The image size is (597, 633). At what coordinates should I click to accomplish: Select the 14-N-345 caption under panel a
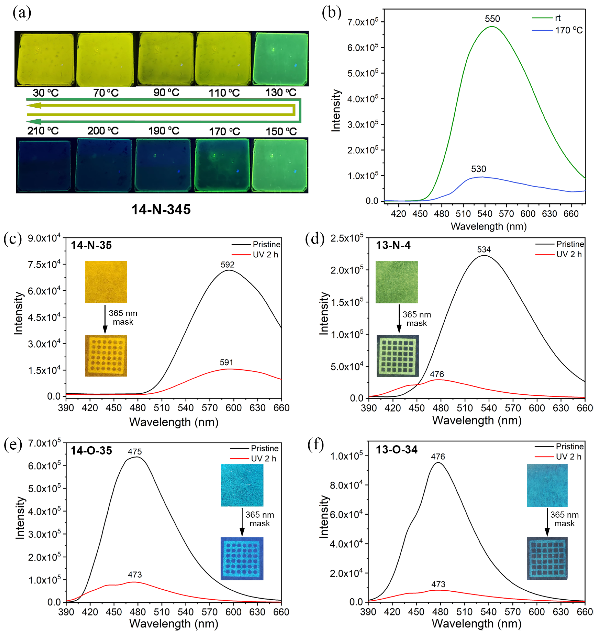coord(161,209)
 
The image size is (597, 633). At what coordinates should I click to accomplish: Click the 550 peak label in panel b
coord(492,19)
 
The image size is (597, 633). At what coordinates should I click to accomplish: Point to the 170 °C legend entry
coord(568,30)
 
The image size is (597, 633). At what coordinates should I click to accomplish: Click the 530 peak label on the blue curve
coord(479,169)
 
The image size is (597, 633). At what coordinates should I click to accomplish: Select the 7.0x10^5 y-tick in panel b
coord(363,22)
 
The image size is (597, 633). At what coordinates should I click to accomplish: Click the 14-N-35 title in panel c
coord(91,245)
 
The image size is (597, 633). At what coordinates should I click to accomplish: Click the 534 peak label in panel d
coord(484,249)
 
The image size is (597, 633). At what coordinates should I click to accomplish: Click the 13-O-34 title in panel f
coord(396,450)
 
